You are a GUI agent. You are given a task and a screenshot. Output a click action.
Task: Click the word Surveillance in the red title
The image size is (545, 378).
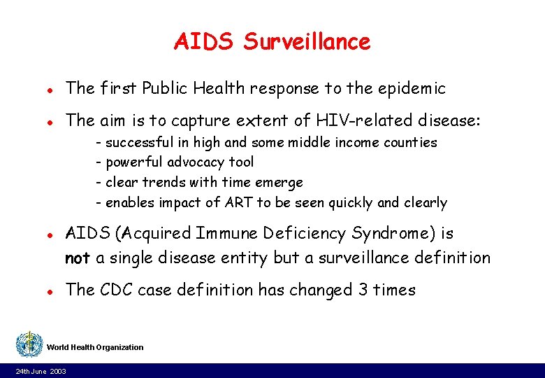tap(307, 42)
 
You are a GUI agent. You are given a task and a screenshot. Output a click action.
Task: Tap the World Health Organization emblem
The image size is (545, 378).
tap(29, 344)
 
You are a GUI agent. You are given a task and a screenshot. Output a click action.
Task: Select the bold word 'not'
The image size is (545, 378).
tap(77, 258)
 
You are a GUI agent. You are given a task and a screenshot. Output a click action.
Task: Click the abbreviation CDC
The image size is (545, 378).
tap(114, 290)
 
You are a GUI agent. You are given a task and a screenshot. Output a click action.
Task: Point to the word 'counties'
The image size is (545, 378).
tap(409, 143)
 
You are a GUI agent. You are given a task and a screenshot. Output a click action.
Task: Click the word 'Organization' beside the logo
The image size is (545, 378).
tap(119, 347)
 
